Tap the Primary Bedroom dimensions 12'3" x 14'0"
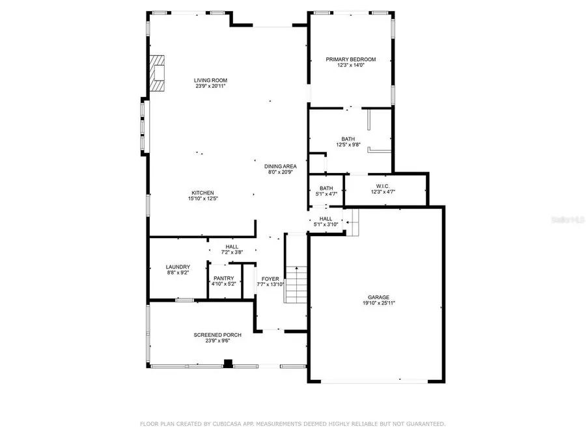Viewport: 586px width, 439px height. (350, 65)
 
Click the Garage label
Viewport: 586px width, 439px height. (379, 297)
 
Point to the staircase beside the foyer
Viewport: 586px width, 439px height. (296, 284)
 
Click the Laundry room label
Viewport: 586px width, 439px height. (178, 267)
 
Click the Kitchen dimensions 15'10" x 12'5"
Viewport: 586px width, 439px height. (202, 198)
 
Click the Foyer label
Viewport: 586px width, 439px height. (270, 278)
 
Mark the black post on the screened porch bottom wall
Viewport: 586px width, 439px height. (227, 364)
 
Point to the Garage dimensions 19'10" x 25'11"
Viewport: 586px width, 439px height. (379, 303)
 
